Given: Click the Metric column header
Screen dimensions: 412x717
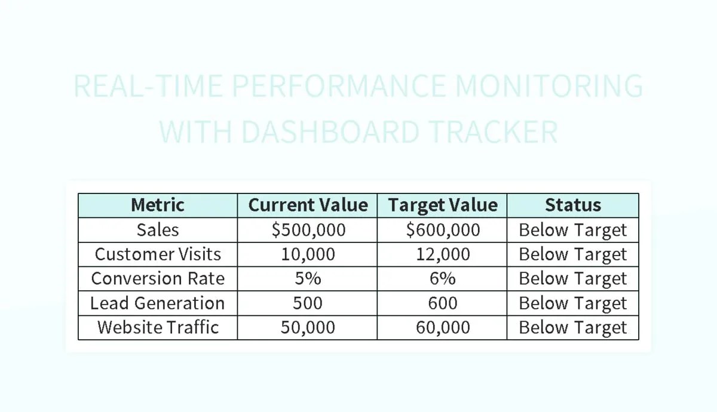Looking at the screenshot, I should [x=158, y=205].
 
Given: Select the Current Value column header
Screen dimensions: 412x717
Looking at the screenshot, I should [x=308, y=205].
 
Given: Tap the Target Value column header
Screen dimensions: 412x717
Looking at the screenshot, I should [x=442, y=205].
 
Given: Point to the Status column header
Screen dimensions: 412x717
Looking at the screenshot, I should [x=572, y=205].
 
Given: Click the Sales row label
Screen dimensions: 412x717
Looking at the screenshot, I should [x=158, y=230].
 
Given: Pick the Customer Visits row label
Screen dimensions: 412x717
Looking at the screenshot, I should [x=158, y=254].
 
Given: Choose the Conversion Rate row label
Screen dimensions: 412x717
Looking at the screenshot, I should [x=158, y=279].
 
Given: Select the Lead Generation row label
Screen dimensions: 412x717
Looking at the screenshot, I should [x=158, y=303].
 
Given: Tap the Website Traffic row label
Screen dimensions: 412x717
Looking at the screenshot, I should [x=158, y=328].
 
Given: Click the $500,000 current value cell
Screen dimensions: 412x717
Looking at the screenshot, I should [x=308, y=230].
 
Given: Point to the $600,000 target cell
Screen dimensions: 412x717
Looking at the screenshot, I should [x=442, y=230].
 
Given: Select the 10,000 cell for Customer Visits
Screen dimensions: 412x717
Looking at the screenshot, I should [x=308, y=254].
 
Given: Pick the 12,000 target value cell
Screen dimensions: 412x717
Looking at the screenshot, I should [x=442, y=254].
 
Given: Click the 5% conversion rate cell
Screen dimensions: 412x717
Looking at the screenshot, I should [x=308, y=279].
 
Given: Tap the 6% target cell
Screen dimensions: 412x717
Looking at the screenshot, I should [x=442, y=279].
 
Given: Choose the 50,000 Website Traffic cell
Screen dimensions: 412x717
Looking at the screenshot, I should [x=308, y=328].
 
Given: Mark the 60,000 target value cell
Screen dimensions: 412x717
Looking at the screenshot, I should [x=442, y=328].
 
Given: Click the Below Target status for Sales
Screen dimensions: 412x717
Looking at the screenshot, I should [x=572, y=230].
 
